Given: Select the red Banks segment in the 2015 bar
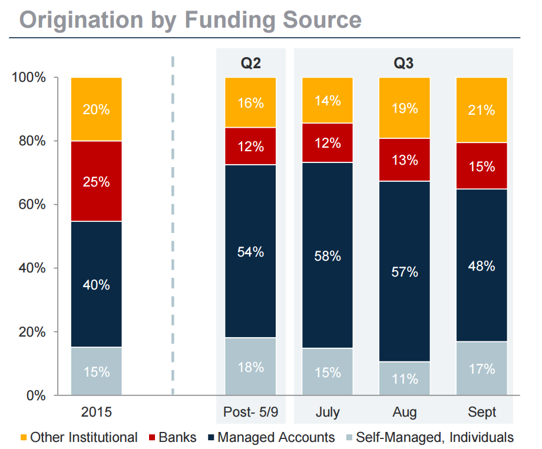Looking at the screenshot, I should (96, 181).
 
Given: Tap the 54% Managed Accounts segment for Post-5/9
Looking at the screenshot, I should (250, 251).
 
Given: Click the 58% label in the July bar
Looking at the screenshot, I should (327, 256).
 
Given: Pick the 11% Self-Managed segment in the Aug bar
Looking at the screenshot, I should (404, 378).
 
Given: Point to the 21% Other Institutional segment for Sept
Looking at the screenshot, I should (481, 109).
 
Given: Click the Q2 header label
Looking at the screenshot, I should (250, 63).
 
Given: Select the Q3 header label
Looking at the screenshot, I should (404, 63).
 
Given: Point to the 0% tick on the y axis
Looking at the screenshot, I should (36, 395).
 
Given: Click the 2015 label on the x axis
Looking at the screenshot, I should (96, 412).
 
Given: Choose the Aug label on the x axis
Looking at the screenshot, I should (404, 412).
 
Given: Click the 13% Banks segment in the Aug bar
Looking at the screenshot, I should (404, 159).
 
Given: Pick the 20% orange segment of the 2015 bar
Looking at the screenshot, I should (96, 109).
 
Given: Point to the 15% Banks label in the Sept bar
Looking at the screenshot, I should (481, 167).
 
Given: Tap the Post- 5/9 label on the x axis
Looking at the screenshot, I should (250, 412).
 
